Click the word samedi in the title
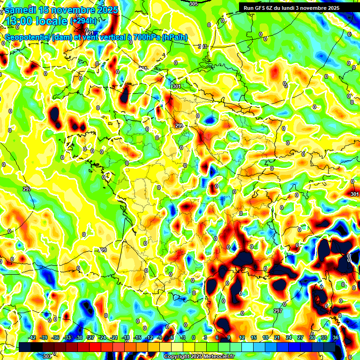[x=19, y=10]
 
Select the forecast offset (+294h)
[x=83, y=21]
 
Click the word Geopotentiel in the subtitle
[x=28, y=37]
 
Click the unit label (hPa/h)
[x=174, y=37]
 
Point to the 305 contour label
[x=194, y=4]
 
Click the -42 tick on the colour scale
[x=33, y=337]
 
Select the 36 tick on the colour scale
[x=336, y=337]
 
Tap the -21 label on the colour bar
[x=114, y=337]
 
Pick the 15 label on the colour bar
[x=254, y=337]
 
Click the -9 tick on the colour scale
[x=160, y=337]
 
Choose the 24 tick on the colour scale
[x=289, y=337]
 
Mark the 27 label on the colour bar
[x=300, y=337]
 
